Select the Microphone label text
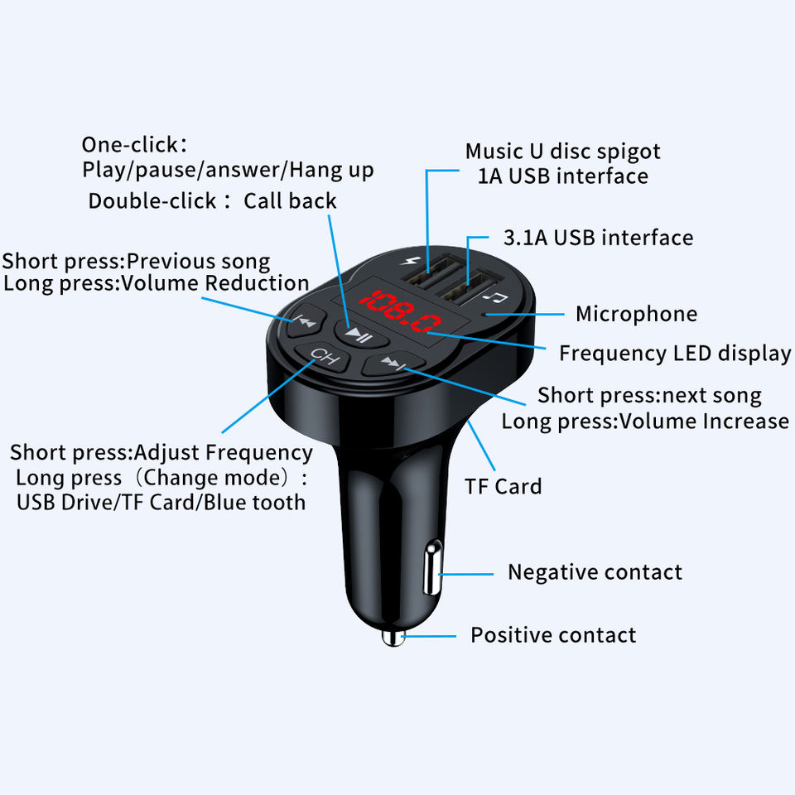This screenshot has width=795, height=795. [636, 314]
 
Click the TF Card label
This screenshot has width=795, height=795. [503, 486]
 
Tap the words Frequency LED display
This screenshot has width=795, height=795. [674, 354]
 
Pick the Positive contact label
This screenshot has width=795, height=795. [553, 635]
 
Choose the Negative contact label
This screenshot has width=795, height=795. [595, 572]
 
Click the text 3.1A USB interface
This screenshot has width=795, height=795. [598, 238]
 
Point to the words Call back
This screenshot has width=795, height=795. [290, 201]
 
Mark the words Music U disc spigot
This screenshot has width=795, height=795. [562, 152]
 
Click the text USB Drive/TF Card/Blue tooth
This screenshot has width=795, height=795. [161, 502]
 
